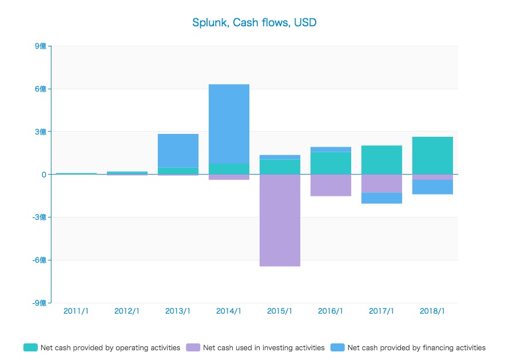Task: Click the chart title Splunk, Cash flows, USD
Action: coord(254,23)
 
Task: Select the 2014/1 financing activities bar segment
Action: coord(229,124)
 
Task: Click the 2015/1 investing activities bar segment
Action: coord(280,220)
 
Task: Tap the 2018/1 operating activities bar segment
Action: coord(432,155)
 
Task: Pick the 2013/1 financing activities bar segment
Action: coord(178,151)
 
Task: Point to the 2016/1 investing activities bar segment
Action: coord(331,185)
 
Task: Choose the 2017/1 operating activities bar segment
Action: coord(381,160)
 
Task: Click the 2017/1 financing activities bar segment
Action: coord(381,198)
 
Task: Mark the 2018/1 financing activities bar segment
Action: coord(432,187)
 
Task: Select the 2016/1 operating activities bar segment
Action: coord(331,163)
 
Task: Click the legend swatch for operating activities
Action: coord(30,347)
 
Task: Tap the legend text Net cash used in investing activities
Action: coord(264,347)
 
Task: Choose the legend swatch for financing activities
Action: coord(337,347)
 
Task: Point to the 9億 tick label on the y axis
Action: coord(40,46)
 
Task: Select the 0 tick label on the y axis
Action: coord(43,175)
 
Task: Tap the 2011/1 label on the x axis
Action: coord(76,311)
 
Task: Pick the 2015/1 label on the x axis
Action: coord(280,311)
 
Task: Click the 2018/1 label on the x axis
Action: coord(432,311)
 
